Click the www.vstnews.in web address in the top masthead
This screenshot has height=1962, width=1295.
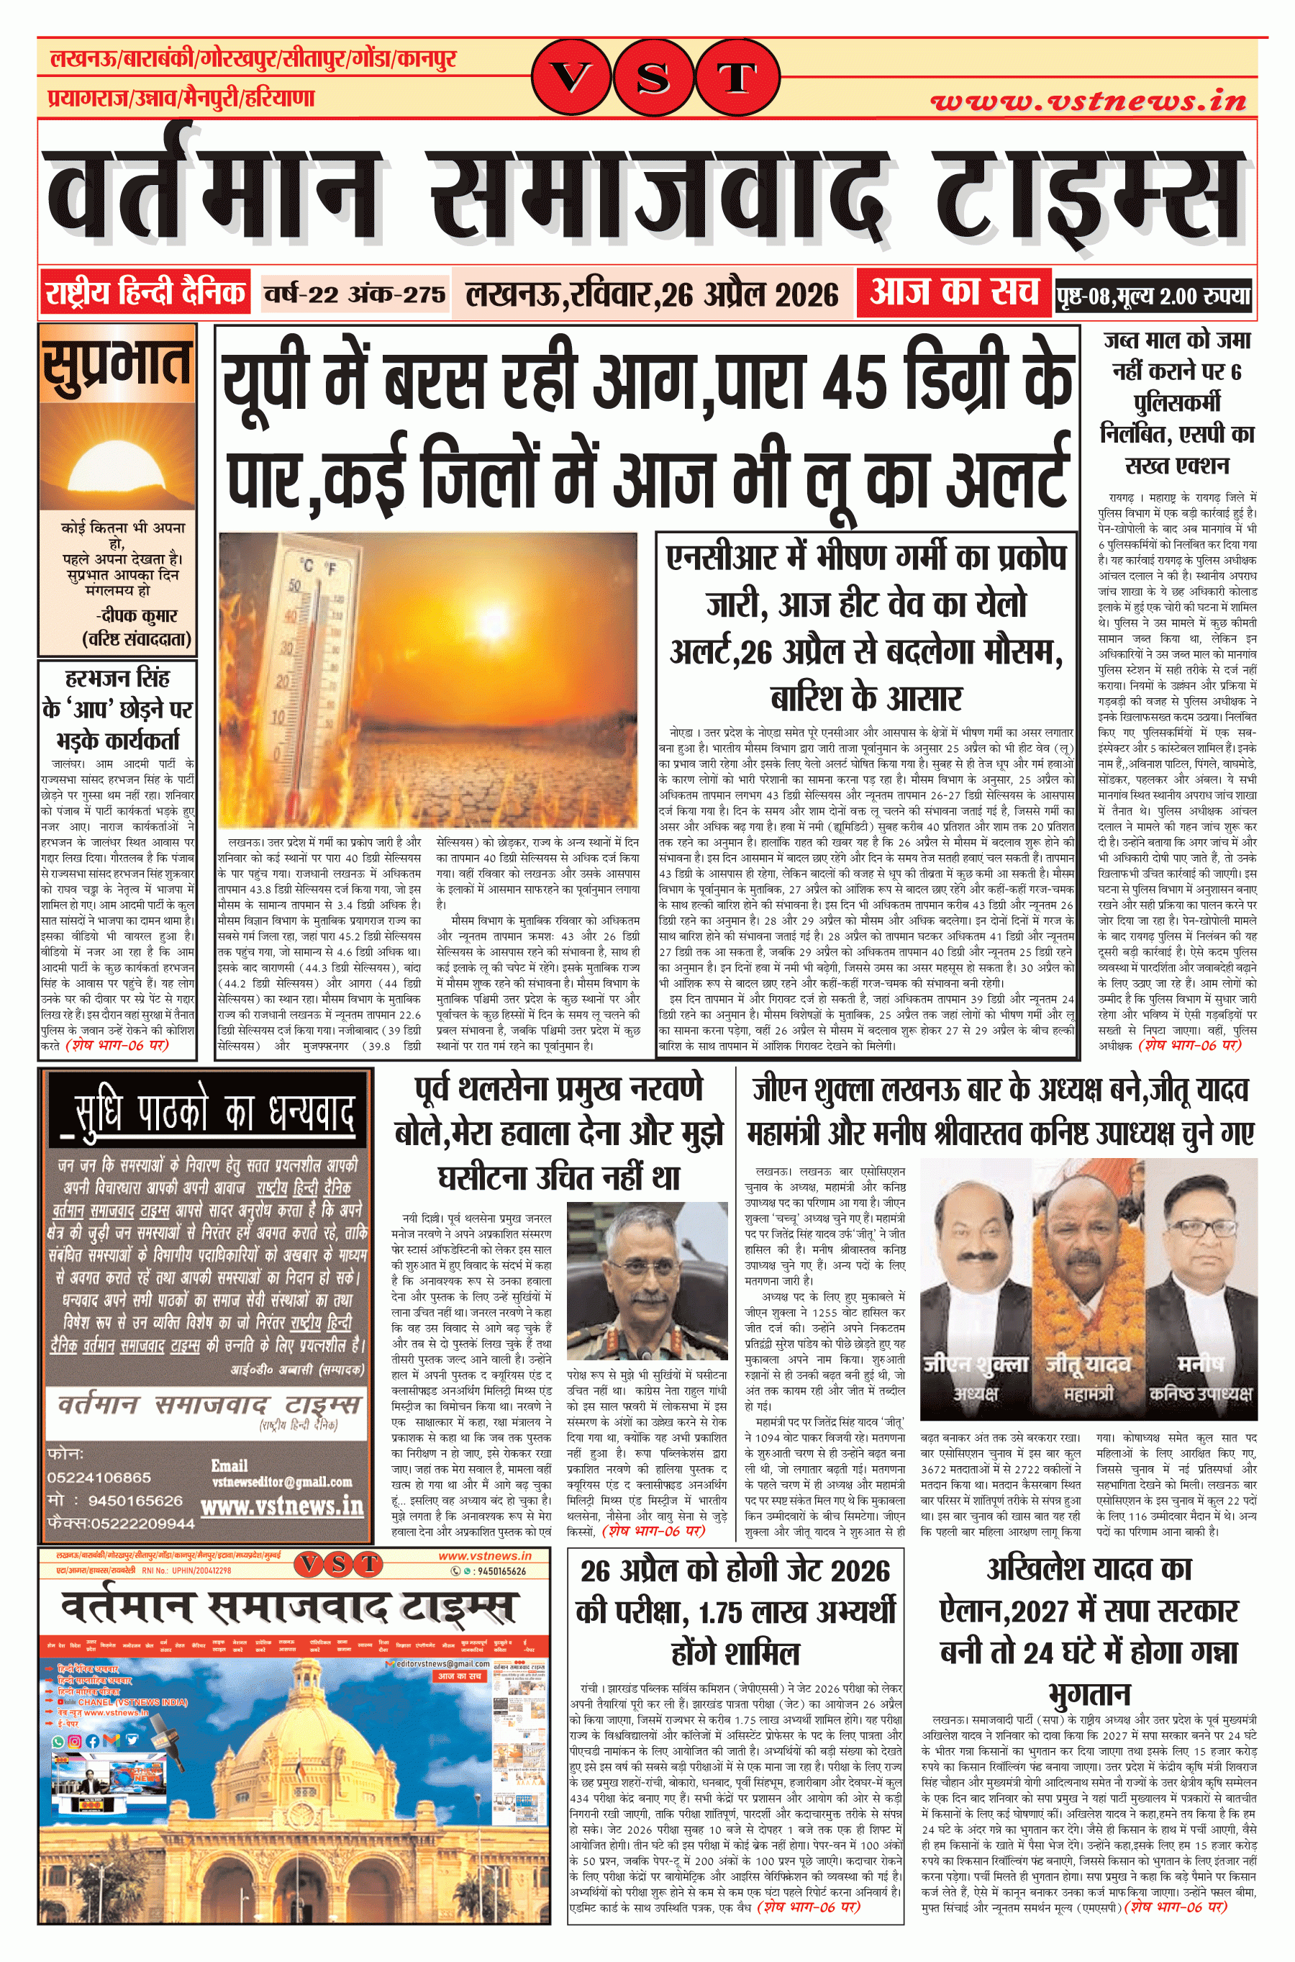[1088, 101]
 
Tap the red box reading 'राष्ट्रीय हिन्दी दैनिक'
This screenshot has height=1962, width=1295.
[145, 292]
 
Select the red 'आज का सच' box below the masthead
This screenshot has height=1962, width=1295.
[954, 292]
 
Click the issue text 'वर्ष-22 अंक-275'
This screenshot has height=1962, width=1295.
[354, 294]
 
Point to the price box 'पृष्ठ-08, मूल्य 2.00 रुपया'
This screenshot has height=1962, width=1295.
[1153, 296]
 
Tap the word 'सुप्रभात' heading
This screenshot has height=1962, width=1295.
[117, 363]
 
